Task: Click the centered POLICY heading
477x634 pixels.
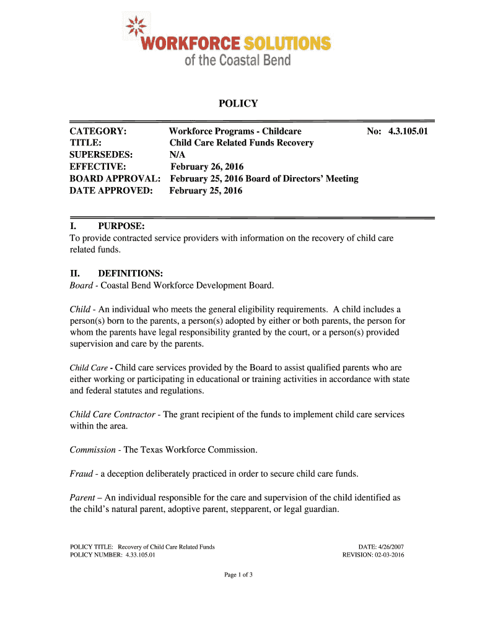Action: [x=238, y=103]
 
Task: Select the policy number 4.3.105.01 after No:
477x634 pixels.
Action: [x=408, y=131]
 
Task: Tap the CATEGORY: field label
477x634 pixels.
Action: [x=98, y=131]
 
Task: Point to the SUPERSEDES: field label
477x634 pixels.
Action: [x=102, y=155]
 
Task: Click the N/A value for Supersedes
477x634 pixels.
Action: [x=177, y=155]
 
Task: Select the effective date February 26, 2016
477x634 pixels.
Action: [x=207, y=167]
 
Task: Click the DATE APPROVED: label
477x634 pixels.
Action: [x=111, y=190]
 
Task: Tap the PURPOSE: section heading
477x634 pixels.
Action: [x=121, y=226]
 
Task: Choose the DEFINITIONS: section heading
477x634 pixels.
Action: [x=130, y=273]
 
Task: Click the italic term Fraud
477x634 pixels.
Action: [x=81, y=474]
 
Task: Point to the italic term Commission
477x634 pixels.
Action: [x=92, y=449]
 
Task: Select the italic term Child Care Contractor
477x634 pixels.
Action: [x=112, y=414]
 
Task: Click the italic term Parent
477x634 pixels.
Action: [x=82, y=497]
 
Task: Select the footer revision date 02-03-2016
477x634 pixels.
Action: [x=389, y=555]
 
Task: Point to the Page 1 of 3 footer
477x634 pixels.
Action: [x=239, y=575]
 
